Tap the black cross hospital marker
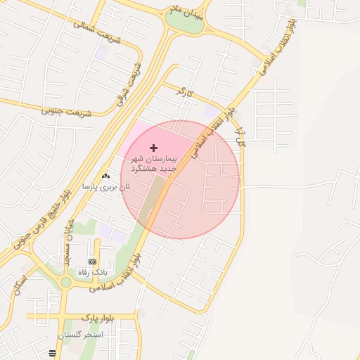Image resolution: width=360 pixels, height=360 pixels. tap(153, 148)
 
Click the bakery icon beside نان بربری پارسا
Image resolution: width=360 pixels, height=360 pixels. tap(105, 176)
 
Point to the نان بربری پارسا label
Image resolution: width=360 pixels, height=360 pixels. tap(106, 188)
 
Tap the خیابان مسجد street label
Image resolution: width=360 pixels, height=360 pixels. tap(69, 242)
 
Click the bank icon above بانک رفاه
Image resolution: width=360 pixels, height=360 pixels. tap(92, 262)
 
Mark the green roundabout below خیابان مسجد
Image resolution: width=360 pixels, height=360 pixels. tap(66, 282)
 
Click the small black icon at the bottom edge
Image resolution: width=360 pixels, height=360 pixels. tap(52, 353)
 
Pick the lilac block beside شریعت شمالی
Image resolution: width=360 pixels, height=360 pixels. tap(101, 52)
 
